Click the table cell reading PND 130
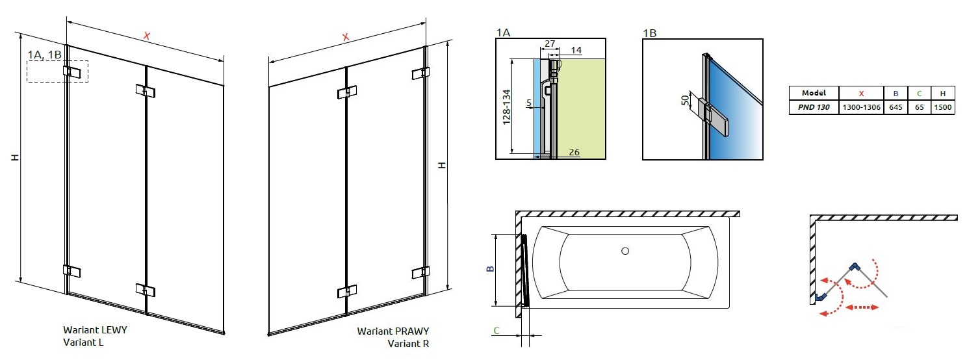(x=814, y=107)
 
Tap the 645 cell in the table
(x=896, y=107)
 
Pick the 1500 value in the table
(x=942, y=107)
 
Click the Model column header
(x=814, y=93)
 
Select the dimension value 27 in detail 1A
(x=550, y=44)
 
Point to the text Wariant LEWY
(x=95, y=330)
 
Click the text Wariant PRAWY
(x=393, y=331)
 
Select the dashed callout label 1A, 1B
(x=45, y=54)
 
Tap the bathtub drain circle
(x=625, y=251)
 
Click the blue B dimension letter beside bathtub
(x=491, y=269)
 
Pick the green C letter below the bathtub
(x=496, y=330)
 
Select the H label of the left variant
(x=13, y=158)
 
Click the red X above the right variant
(x=345, y=37)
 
